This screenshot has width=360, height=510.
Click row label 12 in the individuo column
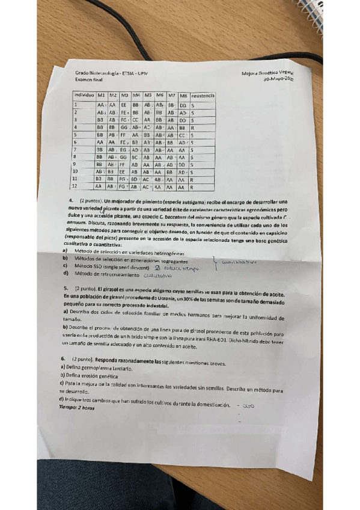click(76, 187)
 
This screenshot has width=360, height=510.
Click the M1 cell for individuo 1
click(100, 105)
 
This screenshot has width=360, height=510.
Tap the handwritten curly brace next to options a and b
click(213, 260)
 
